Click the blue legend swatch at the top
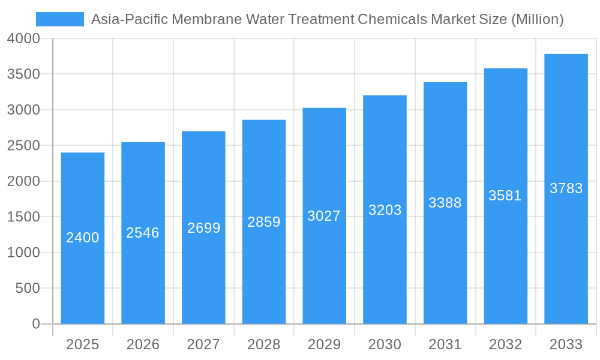(x=59, y=19)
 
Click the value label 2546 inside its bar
(x=143, y=233)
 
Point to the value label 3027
(x=324, y=216)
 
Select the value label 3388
(x=445, y=203)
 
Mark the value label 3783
(x=566, y=188)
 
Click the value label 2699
(x=203, y=228)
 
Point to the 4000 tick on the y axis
(x=24, y=38)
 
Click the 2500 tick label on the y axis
(x=24, y=146)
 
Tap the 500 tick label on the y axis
(x=28, y=289)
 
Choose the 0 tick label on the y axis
(x=35, y=324)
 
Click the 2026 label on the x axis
(x=143, y=344)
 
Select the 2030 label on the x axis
(x=385, y=344)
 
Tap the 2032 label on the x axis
(x=505, y=344)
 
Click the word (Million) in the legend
(x=537, y=19)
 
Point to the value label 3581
(x=505, y=196)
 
